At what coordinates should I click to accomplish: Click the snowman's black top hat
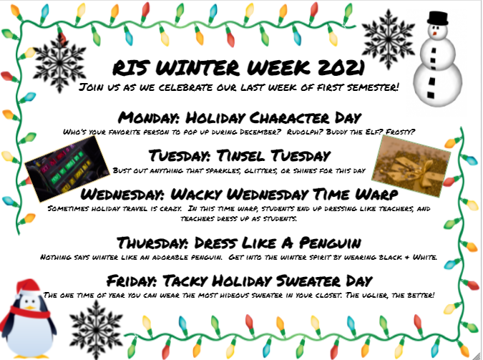(x=437, y=18)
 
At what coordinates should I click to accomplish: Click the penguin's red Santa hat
(x=27, y=288)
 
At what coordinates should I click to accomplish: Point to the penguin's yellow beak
(x=30, y=307)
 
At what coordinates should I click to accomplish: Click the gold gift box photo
(x=411, y=166)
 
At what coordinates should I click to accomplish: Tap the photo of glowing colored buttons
(x=67, y=169)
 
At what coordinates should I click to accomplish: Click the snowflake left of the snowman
(x=388, y=39)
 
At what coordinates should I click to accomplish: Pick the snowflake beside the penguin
(x=96, y=330)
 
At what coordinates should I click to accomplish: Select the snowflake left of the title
(x=59, y=62)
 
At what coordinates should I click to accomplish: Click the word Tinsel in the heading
(x=241, y=155)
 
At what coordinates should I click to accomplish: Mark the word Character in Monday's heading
(x=289, y=118)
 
